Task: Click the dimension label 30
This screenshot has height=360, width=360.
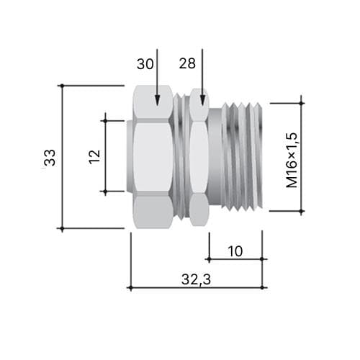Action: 145,64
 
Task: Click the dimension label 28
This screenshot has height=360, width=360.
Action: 187,63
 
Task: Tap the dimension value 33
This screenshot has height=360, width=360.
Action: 50,158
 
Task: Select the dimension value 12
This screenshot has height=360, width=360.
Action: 94,157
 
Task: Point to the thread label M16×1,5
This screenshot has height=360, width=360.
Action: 292,160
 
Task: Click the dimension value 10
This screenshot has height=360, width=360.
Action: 235,251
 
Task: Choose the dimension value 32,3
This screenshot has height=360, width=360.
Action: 196,279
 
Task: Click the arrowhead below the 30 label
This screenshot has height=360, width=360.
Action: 157,100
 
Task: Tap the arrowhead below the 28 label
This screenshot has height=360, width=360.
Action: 202,100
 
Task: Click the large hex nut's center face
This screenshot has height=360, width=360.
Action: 153,157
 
